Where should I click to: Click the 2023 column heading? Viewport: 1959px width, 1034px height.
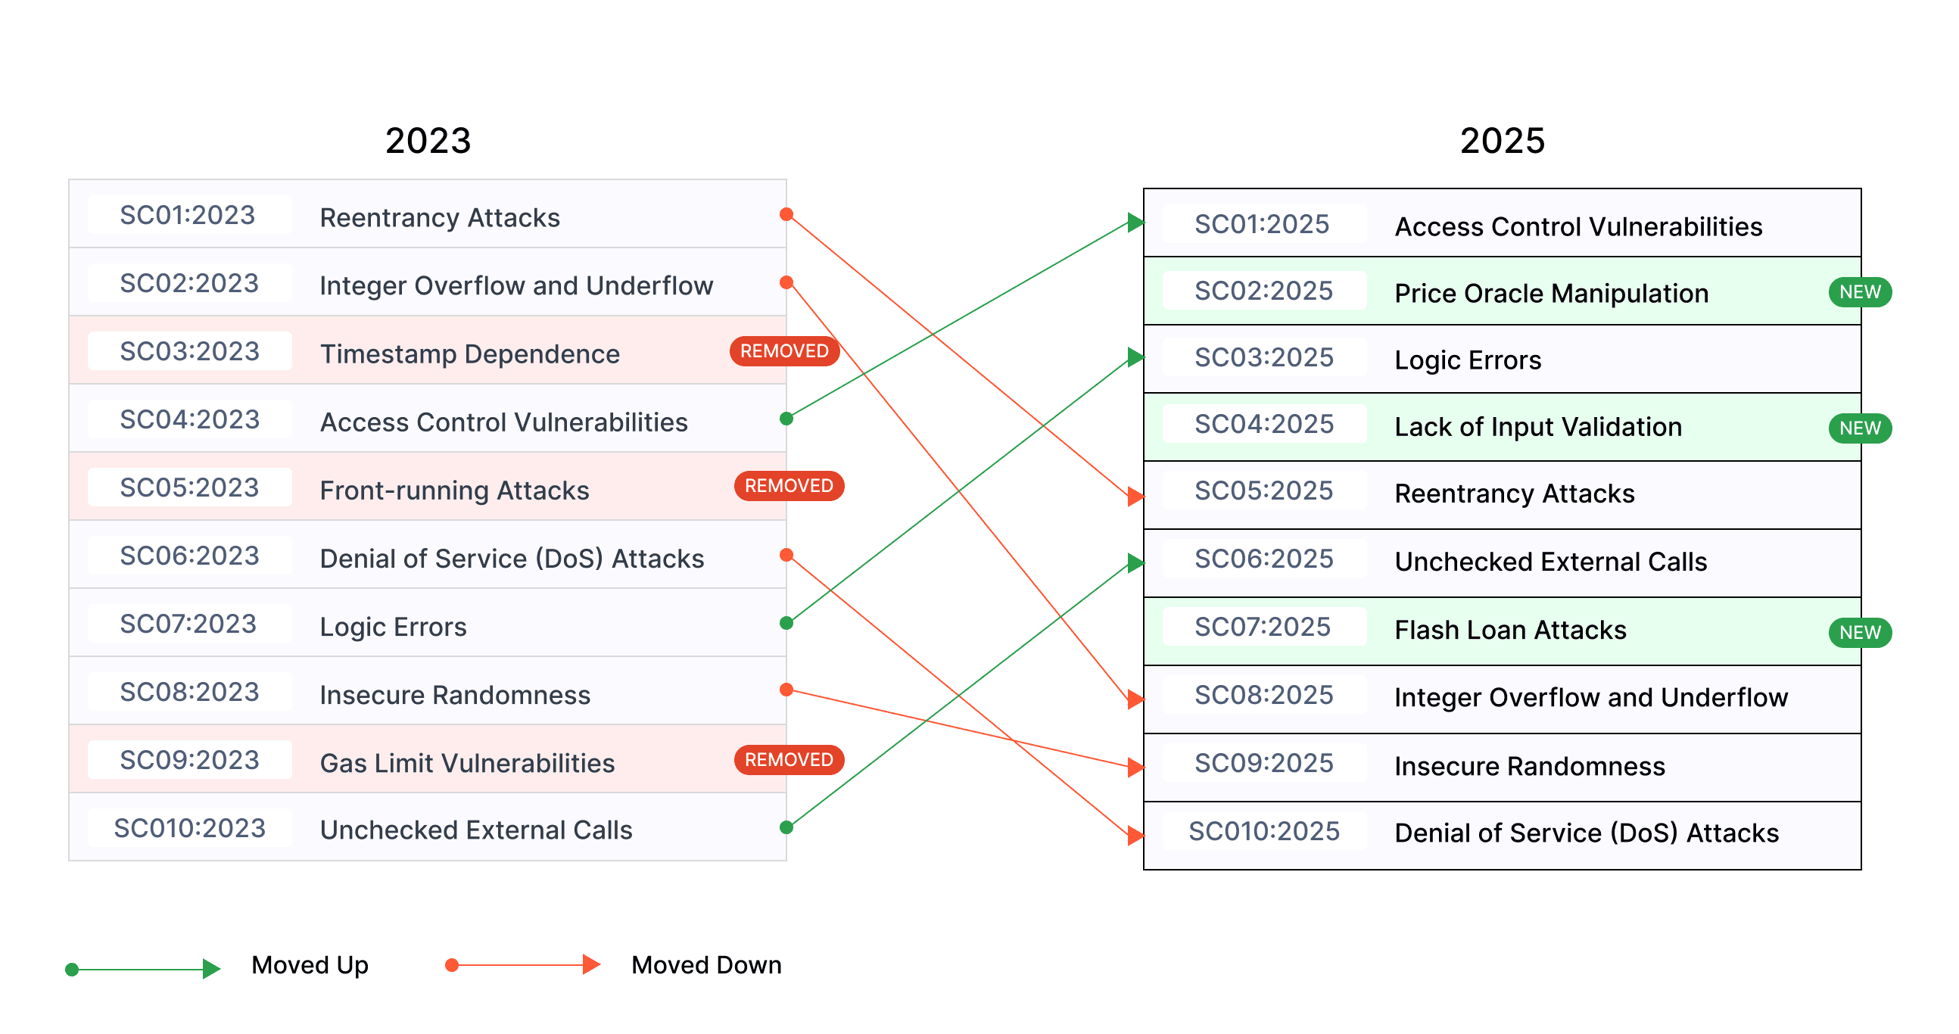point(428,141)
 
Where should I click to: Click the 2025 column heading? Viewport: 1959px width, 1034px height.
point(1502,141)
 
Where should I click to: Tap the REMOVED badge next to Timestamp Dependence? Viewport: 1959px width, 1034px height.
point(784,351)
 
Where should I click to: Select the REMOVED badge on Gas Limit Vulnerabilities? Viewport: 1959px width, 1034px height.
point(789,759)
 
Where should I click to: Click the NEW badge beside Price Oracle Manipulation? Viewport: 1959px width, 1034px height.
point(1859,292)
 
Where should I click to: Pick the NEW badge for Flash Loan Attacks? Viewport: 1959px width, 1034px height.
point(1859,632)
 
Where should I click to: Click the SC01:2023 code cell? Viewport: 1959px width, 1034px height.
point(188,215)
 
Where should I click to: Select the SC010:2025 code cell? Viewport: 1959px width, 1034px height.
point(1264,831)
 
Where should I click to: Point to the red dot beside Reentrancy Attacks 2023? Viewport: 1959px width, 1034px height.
point(786,214)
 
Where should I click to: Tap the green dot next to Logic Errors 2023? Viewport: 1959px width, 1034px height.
point(786,624)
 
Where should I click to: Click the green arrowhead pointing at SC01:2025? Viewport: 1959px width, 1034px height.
point(1135,223)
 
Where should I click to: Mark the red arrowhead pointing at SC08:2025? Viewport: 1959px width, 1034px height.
point(1135,699)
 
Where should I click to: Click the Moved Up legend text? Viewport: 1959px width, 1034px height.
point(310,965)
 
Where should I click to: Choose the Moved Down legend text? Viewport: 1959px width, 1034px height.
point(705,965)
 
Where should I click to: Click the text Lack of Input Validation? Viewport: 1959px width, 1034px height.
point(1537,426)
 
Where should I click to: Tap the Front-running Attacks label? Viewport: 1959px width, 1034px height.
point(454,491)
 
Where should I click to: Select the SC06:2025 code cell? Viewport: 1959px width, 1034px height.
point(1264,559)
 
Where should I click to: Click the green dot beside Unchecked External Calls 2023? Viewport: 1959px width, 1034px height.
point(786,827)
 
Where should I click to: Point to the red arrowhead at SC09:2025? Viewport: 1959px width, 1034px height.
point(1135,767)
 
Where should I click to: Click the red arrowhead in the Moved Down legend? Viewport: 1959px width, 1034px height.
point(591,965)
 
